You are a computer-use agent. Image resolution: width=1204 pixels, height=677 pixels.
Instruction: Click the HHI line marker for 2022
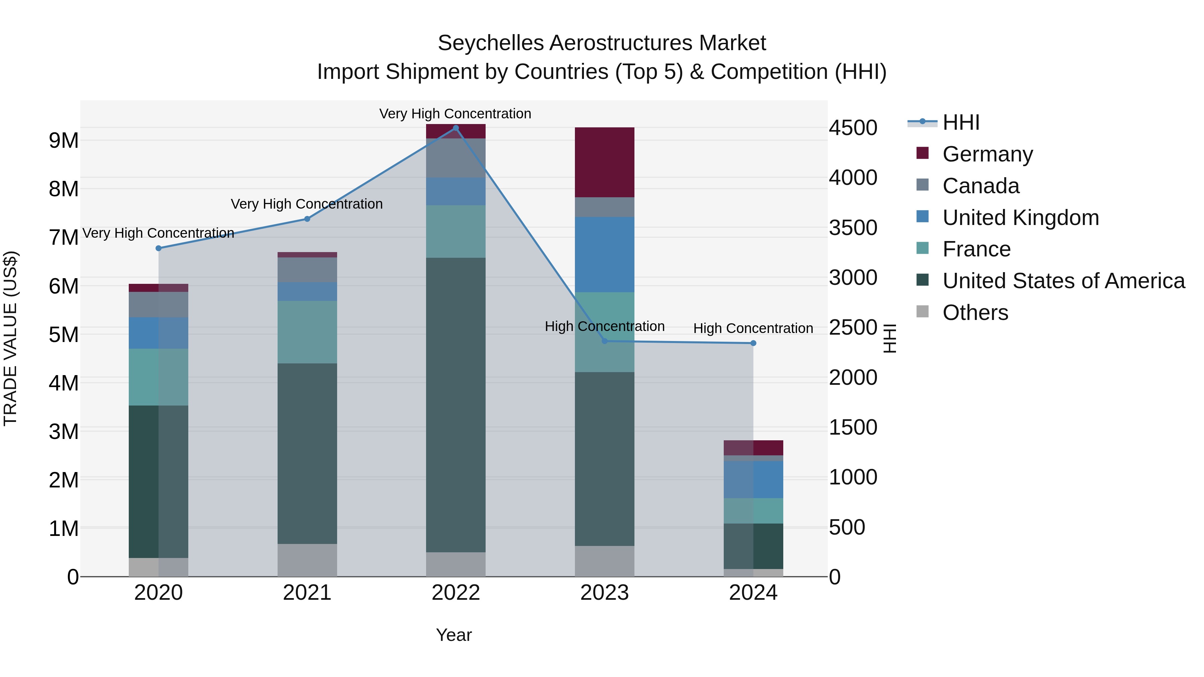click(456, 128)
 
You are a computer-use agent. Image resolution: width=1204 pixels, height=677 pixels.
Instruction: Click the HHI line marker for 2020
click(159, 248)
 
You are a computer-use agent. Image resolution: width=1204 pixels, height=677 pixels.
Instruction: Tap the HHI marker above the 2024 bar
click(753, 343)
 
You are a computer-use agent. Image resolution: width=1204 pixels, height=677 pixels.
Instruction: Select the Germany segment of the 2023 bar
click(604, 162)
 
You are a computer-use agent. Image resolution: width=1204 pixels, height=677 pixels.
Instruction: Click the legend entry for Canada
click(980, 186)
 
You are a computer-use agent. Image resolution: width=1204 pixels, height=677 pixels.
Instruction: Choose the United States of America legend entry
click(1063, 281)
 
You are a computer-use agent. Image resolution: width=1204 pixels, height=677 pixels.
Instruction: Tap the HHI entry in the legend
click(961, 122)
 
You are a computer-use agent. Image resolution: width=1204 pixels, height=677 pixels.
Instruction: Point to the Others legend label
click(975, 313)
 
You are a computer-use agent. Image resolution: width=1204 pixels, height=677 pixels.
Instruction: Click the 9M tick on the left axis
click(64, 140)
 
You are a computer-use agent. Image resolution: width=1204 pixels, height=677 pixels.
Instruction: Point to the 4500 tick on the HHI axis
click(853, 128)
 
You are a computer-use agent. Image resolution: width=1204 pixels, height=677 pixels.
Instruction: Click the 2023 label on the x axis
click(604, 592)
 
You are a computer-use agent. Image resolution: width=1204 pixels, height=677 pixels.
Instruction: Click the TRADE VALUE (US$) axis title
click(10, 338)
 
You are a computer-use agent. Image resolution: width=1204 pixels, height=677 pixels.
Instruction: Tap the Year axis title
click(454, 635)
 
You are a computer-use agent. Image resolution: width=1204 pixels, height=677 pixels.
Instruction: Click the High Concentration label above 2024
click(753, 328)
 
